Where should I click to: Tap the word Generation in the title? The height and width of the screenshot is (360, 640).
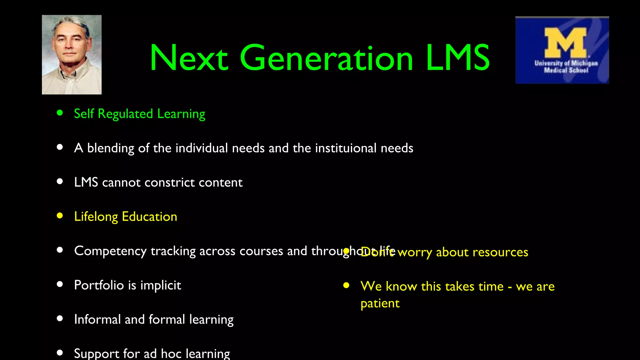tap(327, 58)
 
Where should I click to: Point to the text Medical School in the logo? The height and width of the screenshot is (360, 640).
tap(566, 70)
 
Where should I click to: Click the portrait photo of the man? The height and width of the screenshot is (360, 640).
tap(72, 55)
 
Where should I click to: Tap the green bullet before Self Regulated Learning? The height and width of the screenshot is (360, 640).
tap(60, 113)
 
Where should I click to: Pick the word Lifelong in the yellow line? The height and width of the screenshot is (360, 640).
tap(96, 217)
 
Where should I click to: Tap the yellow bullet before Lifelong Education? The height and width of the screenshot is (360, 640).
tap(60, 216)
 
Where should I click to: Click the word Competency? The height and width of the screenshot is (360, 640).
tap(110, 251)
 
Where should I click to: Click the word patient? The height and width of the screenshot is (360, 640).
tap(380, 304)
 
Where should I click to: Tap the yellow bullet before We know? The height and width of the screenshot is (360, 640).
tap(346, 285)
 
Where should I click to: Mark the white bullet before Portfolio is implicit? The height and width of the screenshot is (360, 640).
tap(60, 284)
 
